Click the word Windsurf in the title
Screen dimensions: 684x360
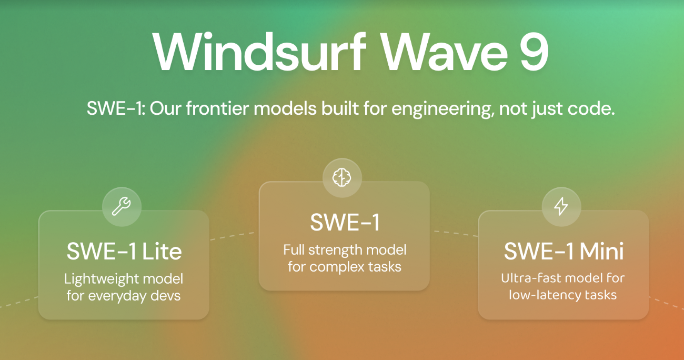(x=259, y=52)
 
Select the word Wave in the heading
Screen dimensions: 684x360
(x=445, y=53)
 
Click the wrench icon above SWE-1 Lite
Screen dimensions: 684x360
(x=122, y=206)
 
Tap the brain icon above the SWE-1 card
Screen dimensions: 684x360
(x=341, y=177)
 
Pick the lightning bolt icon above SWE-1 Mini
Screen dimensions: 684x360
(x=561, y=206)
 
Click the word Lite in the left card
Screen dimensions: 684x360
(x=162, y=252)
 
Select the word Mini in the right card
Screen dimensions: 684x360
(x=601, y=251)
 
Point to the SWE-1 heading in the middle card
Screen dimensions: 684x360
(x=345, y=222)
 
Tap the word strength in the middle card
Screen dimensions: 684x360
(x=335, y=251)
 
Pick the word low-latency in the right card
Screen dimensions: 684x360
(x=545, y=295)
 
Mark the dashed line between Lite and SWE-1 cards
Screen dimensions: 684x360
(x=232, y=236)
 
